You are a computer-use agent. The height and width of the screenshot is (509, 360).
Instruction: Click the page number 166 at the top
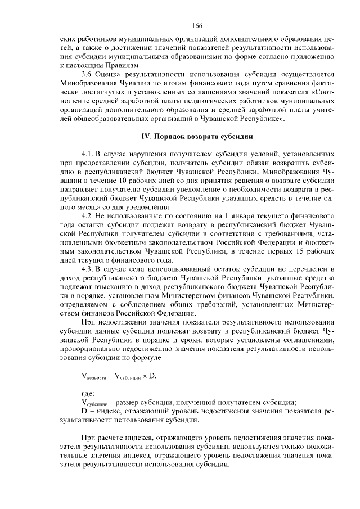pyautogui.click(x=197, y=25)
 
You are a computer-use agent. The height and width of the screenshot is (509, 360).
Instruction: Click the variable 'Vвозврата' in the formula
pyautogui.click(x=96, y=376)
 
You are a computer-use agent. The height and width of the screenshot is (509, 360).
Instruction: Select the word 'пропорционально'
pyautogui.click(x=89, y=349)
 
